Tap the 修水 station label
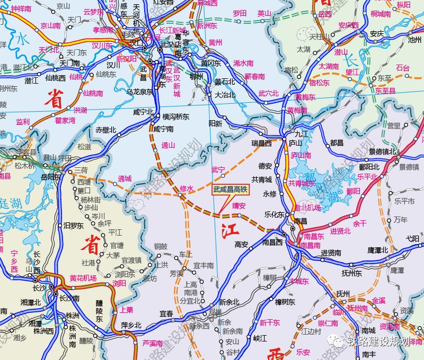[x=187, y=188]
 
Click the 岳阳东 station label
[x=51, y=177]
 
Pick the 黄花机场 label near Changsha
[x=83, y=278]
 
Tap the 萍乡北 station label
[x=131, y=325]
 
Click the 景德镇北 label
[x=382, y=151]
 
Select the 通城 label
[x=125, y=178]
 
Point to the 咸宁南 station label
[x=164, y=129]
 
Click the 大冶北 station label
[x=225, y=95]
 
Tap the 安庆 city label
[x=377, y=33]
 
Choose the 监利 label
[x=23, y=121]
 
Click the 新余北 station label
[x=229, y=302]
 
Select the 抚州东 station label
[x=351, y=273]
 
